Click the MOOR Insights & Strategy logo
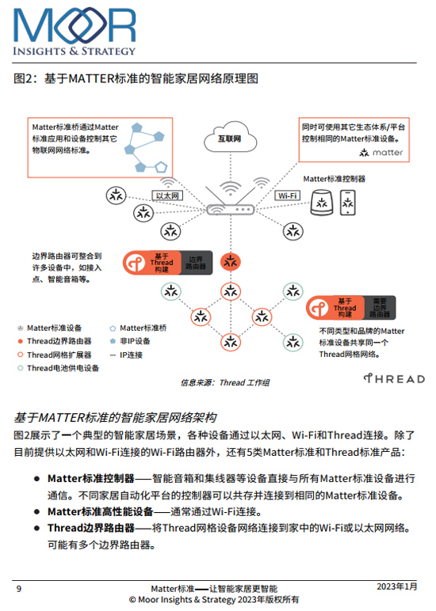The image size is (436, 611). [x=75, y=32]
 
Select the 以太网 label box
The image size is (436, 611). [x=167, y=195]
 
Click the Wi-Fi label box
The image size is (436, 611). [x=287, y=195]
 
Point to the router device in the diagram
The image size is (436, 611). [x=231, y=210]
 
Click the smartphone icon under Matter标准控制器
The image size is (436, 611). [x=347, y=203]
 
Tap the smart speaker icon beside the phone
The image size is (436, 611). [x=322, y=203]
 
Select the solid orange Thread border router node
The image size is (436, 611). [x=231, y=262]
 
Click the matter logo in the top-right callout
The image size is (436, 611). [x=381, y=153]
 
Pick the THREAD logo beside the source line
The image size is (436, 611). [x=394, y=378]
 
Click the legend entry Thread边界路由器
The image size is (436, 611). [x=55, y=341]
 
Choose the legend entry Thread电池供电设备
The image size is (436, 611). [x=59, y=368]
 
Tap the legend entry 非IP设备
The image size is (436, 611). [x=130, y=341]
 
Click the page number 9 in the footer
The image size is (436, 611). [x=19, y=588]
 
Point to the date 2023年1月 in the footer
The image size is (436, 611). [x=397, y=586]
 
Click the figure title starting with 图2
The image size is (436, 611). [x=136, y=78]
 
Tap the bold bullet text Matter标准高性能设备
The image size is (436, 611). [x=101, y=511]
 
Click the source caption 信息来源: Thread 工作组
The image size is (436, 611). [x=225, y=382]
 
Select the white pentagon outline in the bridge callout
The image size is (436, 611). [x=161, y=168]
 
